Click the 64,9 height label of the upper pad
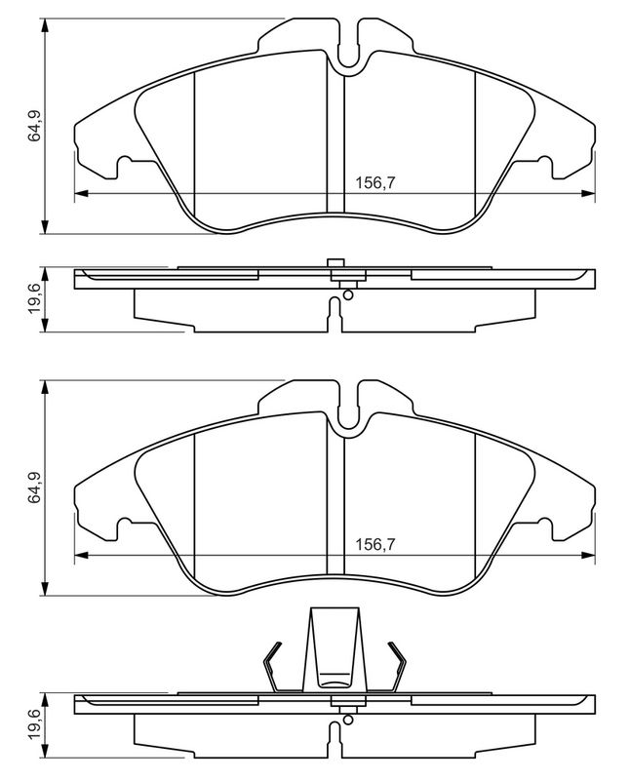[34, 126]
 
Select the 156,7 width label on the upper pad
[374, 183]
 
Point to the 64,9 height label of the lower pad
[34, 488]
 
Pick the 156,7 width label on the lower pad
[374, 545]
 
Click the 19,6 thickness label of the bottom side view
[34, 724]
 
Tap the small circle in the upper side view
[348, 295]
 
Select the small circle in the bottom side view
[348, 720]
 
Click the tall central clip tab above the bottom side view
[335, 648]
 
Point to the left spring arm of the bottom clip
[275, 667]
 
